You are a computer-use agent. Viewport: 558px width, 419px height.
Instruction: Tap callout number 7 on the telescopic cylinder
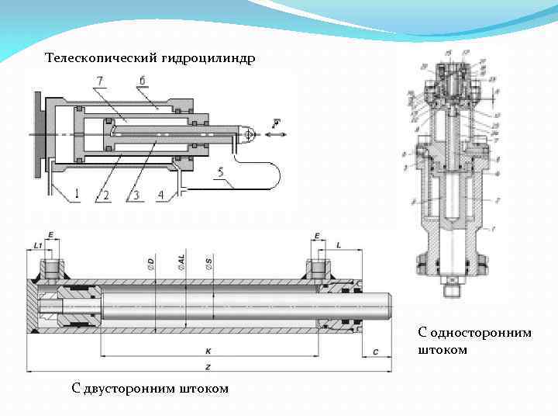(99, 81)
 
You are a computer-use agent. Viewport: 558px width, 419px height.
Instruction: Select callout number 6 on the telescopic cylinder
(143, 81)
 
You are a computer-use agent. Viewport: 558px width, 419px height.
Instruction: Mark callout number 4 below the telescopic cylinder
(160, 195)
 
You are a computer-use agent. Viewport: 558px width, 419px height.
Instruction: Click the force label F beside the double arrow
(277, 122)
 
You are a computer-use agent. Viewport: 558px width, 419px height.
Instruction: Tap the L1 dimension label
(37, 246)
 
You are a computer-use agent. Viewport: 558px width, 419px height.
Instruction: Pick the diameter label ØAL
(181, 264)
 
